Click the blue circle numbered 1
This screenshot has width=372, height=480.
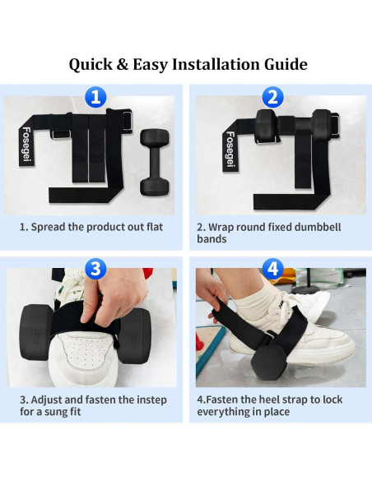tap(97, 98)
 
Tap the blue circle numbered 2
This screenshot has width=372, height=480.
tap(275, 98)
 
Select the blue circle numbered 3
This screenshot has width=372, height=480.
tap(97, 270)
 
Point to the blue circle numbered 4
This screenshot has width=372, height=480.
tap(275, 270)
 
